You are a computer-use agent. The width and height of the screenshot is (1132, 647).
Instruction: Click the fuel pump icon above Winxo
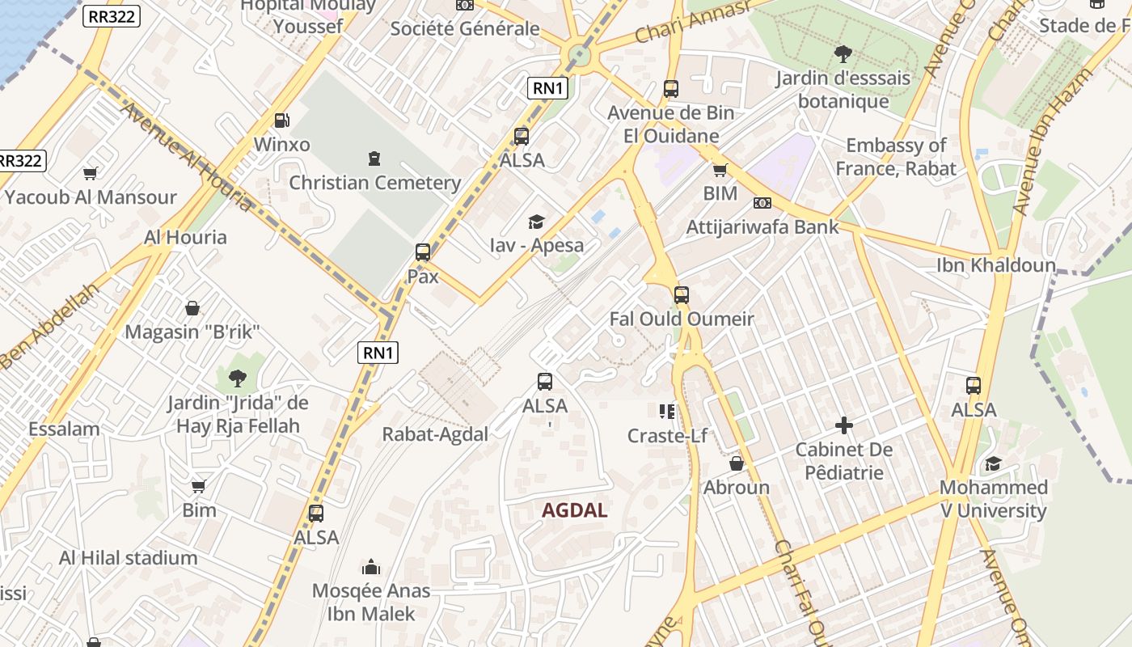[281, 121]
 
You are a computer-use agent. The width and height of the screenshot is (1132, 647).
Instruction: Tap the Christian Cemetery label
[374, 183]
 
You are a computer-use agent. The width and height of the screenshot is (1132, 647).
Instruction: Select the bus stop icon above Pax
[422, 252]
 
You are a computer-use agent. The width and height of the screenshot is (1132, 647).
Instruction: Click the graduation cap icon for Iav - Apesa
[536, 222]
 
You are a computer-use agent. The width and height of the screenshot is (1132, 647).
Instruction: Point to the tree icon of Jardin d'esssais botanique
[843, 54]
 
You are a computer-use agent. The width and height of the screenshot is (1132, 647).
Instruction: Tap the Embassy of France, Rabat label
[895, 157]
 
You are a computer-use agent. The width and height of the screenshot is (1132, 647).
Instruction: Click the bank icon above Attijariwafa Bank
[762, 203]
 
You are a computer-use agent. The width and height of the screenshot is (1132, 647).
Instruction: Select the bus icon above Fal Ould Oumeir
[681, 294]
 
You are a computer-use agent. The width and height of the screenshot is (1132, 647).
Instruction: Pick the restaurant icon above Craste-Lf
[666, 412]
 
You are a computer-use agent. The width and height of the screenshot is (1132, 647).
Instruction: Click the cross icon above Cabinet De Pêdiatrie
[843, 425]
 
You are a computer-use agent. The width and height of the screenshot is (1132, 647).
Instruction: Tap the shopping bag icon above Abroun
[736, 463]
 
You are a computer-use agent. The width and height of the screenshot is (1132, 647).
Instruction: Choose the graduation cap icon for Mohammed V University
[992, 463]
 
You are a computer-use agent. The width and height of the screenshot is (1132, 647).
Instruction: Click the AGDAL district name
[574, 510]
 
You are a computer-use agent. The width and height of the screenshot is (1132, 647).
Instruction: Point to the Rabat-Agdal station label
[435, 434]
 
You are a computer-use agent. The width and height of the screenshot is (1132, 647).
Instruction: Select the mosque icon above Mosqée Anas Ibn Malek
[371, 566]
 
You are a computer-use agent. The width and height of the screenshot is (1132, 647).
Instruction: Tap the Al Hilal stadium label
[128, 557]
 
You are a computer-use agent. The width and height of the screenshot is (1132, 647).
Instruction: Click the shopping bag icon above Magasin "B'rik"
[192, 308]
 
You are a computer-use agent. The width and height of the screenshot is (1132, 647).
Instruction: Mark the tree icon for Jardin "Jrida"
[237, 378]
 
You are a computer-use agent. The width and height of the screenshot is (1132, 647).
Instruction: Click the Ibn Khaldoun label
[995, 265]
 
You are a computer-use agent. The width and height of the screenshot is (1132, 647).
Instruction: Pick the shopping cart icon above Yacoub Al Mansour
[90, 173]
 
